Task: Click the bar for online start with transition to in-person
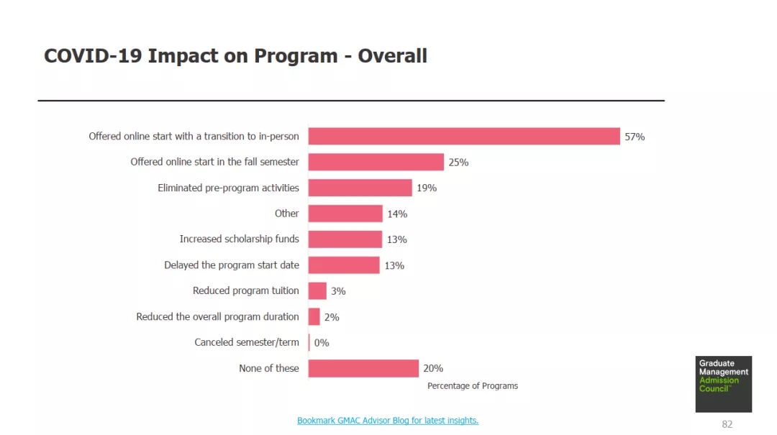click(464, 136)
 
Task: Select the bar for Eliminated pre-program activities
click(360, 188)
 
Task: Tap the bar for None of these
click(363, 368)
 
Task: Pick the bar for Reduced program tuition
click(317, 290)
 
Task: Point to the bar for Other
click(345, 214)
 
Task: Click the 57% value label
click(635, 137)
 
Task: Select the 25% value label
click(458, 162)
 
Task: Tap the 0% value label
click(322, 343)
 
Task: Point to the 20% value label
click(433, 369)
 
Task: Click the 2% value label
click(332, 317)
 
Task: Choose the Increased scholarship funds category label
click(239, 239)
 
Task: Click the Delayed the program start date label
click(232, 265)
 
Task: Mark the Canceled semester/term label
click(247, 342)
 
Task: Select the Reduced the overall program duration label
click(217, 316)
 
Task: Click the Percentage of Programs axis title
click(473, 386)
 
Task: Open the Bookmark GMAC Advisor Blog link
click(388, 421)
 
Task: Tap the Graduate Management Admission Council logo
click(723, 384)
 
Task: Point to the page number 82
click(727, 424)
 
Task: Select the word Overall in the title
click(393, 56)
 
